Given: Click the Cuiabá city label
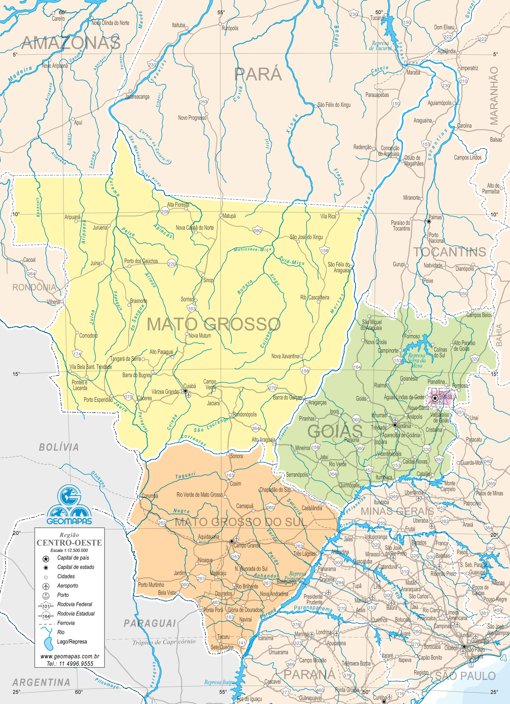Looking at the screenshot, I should (x=190, y=386).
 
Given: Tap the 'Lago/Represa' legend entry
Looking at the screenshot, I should (x=72, y=641).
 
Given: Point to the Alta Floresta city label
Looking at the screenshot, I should (x=178, y=205).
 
